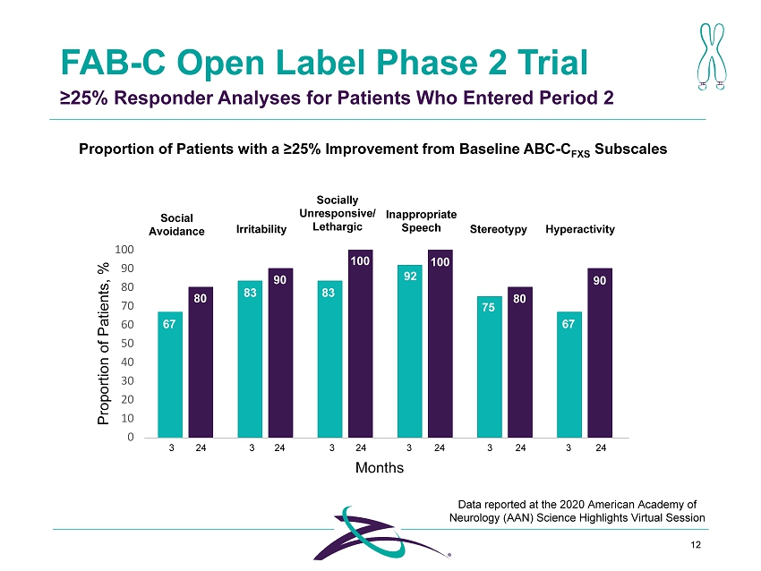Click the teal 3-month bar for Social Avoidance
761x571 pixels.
point(170,374)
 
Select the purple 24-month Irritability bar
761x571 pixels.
point(280,353)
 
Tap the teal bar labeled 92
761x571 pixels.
point(410,351)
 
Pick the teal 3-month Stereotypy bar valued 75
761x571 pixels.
point(489,367)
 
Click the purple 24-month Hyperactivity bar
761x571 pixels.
point(600,353)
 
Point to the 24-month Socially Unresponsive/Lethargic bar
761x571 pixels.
point(361,344)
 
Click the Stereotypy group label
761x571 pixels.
point(498,229)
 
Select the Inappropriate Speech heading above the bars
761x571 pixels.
point(422,221)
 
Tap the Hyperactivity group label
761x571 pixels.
point(580,229)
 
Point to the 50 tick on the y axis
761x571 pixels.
point(127,343)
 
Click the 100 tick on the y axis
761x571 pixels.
point(124,250)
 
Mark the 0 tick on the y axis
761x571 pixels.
point(131,437)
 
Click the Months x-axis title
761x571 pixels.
point(380,468)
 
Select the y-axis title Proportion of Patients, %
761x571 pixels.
point(103,344)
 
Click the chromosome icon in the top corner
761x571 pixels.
point(712,56)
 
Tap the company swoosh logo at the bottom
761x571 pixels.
point(381,533)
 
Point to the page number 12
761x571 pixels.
point(696,545)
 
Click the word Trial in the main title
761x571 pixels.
point(552,63)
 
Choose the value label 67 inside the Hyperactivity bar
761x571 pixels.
point(569,324)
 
